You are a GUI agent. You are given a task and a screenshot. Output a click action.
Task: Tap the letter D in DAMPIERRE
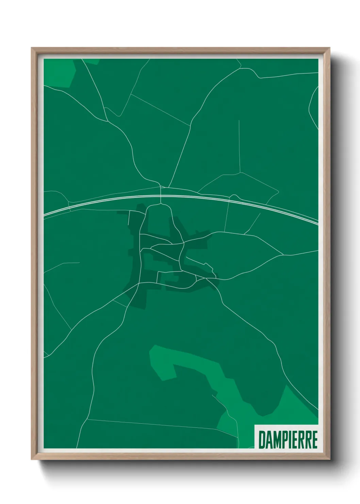click(x=262, y=440)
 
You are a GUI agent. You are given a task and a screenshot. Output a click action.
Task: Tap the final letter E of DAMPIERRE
click(x=315, y=440)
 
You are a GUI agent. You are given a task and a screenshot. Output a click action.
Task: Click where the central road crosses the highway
click(x=161, y=196)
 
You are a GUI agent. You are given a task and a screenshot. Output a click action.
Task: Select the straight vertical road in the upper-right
click(x=240, y=146)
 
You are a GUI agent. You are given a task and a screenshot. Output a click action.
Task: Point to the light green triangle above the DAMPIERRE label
click(x=299, y=409)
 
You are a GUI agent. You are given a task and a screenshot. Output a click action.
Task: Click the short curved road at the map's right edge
click(x=311, y=102)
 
